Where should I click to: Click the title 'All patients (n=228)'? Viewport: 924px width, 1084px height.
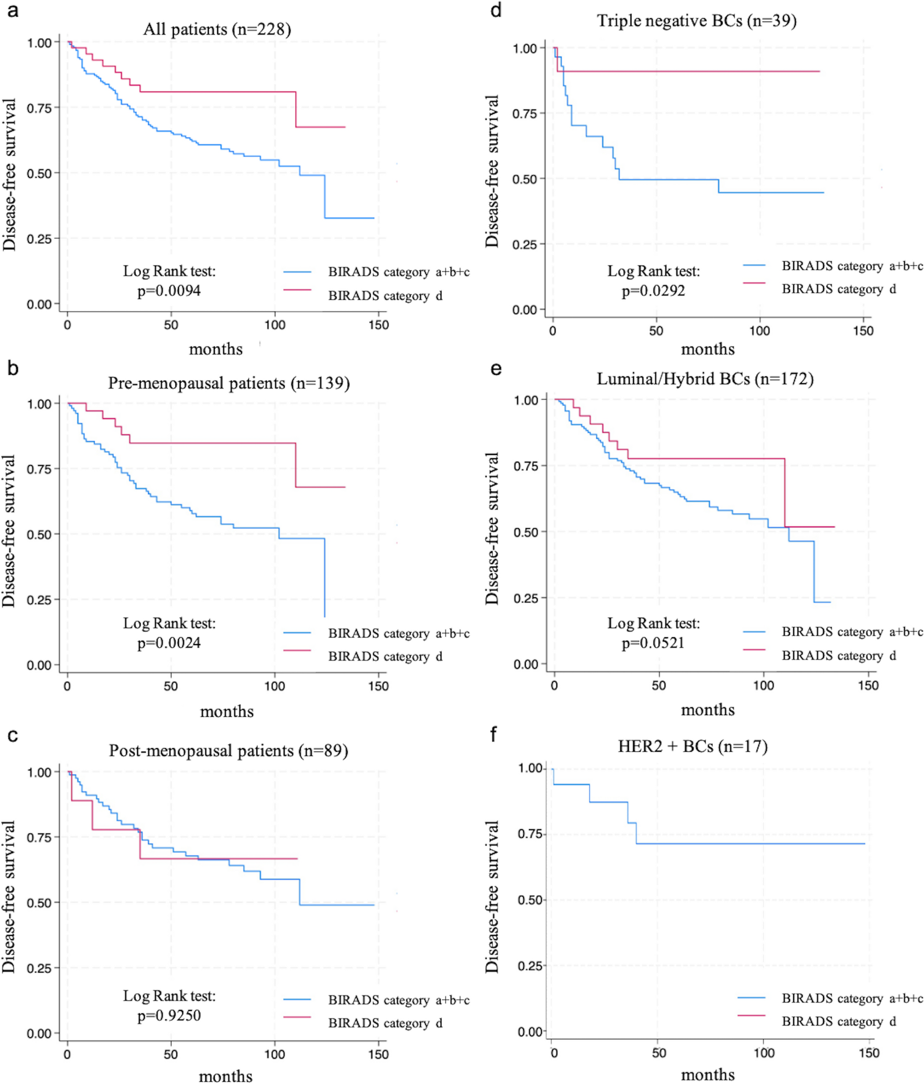pyautogui.click(x=217, y=29)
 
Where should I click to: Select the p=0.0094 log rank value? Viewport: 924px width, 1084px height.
pyautogui.click(x=169, y=291)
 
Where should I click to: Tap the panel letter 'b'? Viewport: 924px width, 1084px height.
pyautogui.click(x=13, y=368)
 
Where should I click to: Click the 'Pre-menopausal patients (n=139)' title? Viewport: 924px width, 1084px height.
pyautogui.click(x=229, y=383)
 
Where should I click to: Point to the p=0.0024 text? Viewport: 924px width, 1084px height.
pyautogui.click(x=169, y=643)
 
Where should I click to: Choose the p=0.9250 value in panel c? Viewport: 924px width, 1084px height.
pyautogui.click(x=169, y=1015)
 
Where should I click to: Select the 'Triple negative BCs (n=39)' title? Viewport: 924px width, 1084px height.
pyautogui.click(x=697, y=21)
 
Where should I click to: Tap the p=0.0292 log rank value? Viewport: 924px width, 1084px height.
pyautogui.click(x=653, y=291)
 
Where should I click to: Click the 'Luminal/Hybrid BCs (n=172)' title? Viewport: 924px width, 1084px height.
pyautogui.click(x=705, y=379)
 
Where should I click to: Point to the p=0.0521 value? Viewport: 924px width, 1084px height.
pyautogui.click(x=653, y=643)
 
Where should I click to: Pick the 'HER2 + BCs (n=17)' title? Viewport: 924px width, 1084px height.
pyautogui.click(x=693, y=746)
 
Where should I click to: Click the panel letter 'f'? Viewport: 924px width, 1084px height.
pyautogui.click(x=493, y=735)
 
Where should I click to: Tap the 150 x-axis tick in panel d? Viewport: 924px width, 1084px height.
pyautogui.click(x=863, y=331)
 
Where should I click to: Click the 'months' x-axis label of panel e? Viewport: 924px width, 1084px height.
pyautogui.click(x=708, y=710)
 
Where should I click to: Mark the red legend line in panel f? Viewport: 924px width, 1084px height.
pyautogui.click(x=752, y=1015)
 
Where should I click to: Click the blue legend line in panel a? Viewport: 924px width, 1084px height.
pyautogui.click(x=297, y=272)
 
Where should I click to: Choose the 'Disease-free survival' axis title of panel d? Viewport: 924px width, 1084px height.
pyautogui.click(x=492, y=171)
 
